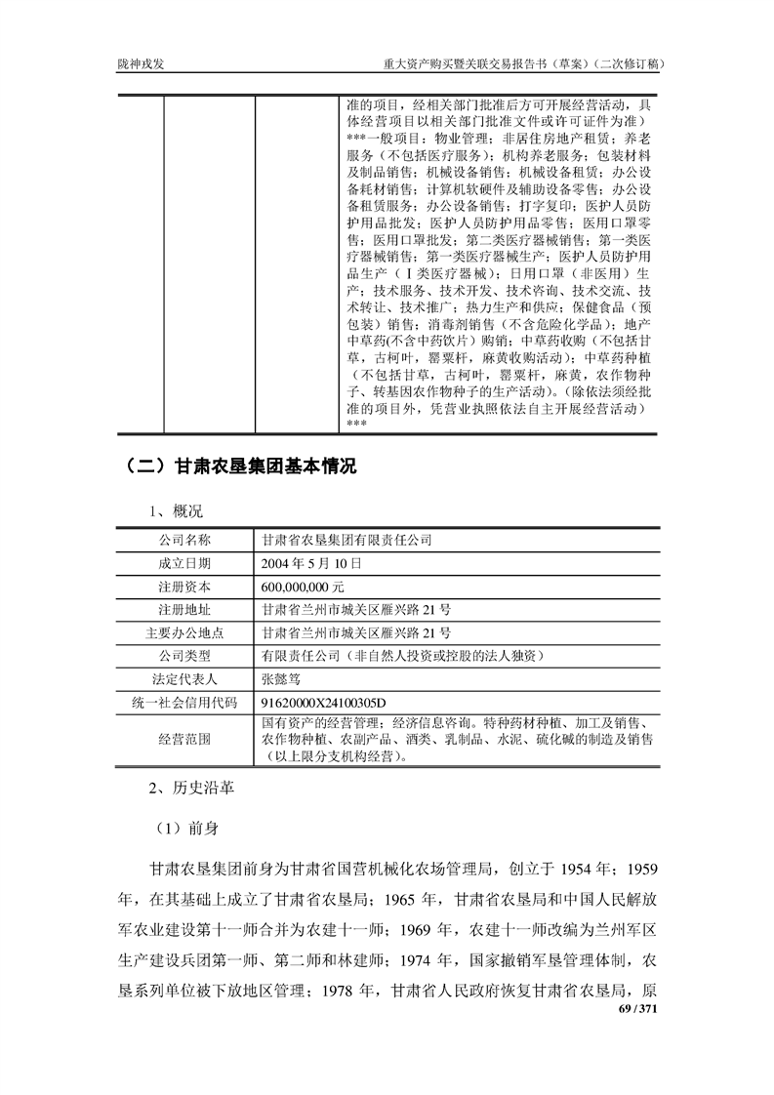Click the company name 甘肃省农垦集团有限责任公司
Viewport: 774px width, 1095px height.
[346, 539]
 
